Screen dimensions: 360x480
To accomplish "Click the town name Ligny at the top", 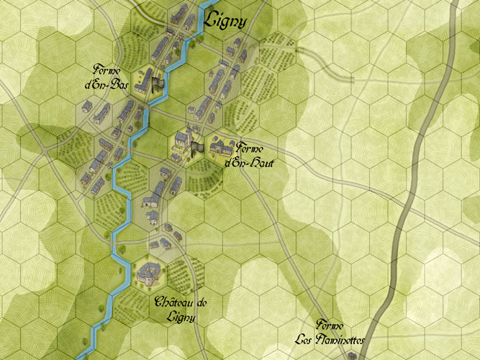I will [226, 21].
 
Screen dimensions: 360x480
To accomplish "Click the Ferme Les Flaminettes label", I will [329, 333].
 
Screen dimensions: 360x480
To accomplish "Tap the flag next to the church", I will [196, 147].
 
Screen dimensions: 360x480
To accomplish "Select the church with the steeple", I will [182, 140].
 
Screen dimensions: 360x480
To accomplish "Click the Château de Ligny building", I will [148, 271].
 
